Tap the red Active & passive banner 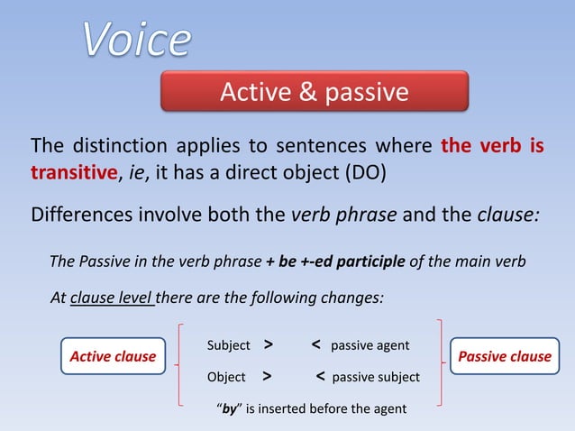[315, 92]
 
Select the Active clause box [113, 356]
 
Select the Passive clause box [505, 356]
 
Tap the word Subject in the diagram [229, 345]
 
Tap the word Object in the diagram [226, 377]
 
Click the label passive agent [370, 345]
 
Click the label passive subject [375, 377]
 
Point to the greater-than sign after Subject [269, 344]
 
